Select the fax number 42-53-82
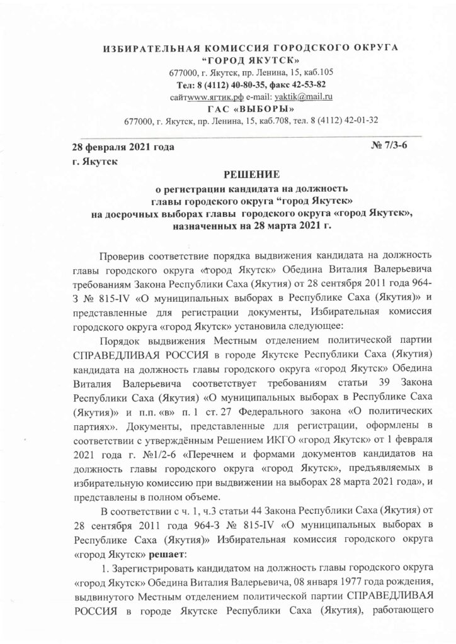(x=305, y=85)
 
